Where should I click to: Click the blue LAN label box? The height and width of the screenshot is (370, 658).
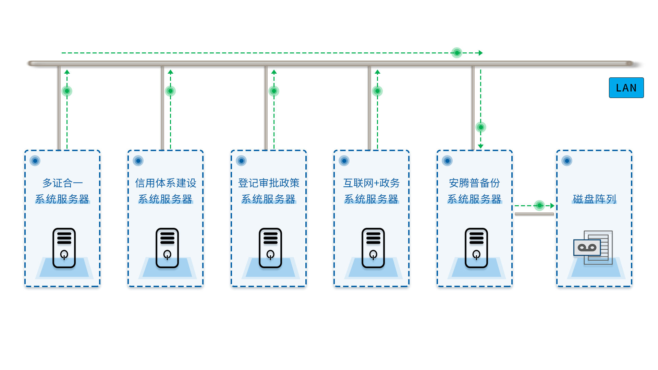click(626, 88)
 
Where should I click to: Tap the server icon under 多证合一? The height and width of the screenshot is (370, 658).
click(64, 248)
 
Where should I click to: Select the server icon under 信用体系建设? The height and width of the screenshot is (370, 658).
click(167, 248)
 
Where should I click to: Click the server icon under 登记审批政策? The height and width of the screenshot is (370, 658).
click(270, 248)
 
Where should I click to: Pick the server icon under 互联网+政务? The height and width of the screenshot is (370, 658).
click(373, 248)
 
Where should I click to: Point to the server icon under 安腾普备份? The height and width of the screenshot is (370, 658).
click(476, 248)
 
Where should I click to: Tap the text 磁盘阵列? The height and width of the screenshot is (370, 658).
click(595, 199)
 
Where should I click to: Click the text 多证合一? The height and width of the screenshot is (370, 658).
click(63, 183)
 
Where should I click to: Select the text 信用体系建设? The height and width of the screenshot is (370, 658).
click(166, 183)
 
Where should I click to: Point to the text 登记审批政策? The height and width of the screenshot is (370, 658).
click(269, 183)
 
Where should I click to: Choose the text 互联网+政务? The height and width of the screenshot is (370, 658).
click(371, 183)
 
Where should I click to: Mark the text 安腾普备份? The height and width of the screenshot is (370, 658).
click(474, 183)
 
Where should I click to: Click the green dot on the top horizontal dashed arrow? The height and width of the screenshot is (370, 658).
click(457, 53)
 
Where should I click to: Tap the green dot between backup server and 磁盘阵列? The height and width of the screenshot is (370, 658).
click(539, 206)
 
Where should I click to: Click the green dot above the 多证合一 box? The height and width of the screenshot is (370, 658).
click(67, 91)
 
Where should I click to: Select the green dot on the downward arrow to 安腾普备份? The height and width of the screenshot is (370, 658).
click(481, 127)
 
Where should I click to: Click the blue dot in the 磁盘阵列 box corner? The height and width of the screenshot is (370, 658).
click(567, 161)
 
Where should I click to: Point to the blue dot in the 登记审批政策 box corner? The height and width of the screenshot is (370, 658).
click(241, 161)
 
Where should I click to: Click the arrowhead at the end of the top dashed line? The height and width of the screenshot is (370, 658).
click(481, 53)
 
